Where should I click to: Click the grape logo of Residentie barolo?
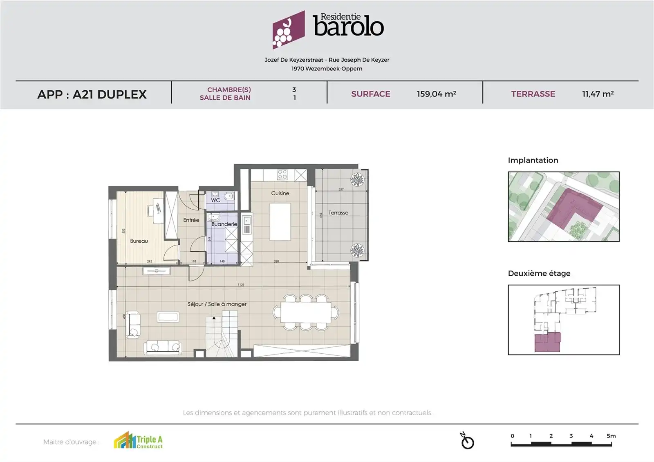click(288, 30)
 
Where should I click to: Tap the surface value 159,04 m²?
click(436, 94)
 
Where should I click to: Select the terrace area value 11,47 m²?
click(598, 94)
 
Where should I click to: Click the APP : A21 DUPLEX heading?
click(92, 94)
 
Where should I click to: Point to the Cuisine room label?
click(280, 193)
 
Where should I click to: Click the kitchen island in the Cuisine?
click(280, 223)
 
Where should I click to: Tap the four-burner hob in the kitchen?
click(282, 175)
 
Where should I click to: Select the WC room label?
click(215, 200)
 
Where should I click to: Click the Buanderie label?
click(224, 224)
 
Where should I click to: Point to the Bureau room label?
click(139, 241)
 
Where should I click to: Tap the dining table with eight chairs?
click(306, 312)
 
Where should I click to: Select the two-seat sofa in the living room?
click(163, 347)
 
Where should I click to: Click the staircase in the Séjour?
click(222, 333)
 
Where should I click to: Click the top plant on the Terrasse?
click(357, 180)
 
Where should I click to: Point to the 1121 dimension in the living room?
click(241, 285)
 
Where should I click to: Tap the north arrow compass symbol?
click(467, 441)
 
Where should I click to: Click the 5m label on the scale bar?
click(611, 436)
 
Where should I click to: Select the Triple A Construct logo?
click(138, 441)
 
